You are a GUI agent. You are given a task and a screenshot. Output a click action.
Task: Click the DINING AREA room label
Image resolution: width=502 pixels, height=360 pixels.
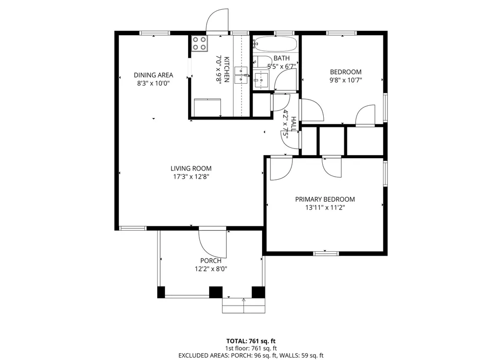click(x=153, y=75)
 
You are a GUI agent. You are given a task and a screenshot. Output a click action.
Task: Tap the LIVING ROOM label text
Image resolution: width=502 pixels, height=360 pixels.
click(x=191, y=168)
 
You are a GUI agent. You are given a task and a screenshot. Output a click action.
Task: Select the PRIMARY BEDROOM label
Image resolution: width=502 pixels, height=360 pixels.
click(x=325, y=199)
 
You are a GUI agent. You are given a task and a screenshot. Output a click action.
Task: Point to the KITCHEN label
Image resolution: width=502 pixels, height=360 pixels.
click(x=227, y=69)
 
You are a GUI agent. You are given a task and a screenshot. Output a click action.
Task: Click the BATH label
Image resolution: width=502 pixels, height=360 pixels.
click(x=282, y=58)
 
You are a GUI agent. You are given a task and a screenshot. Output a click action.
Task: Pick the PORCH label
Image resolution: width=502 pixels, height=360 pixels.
click(x=211, y=261)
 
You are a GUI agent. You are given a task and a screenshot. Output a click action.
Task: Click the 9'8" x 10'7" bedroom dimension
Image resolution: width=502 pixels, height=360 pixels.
click(x=346, y=80)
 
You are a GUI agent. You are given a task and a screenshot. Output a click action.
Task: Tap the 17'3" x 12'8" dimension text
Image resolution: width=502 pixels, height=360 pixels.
click(x=191, y=176)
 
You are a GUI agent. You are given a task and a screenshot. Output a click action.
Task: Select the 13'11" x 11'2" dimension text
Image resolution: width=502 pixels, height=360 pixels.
click(x=325, y=208)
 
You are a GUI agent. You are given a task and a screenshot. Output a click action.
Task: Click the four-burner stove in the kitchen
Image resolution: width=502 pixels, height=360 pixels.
click(x=199, y=43)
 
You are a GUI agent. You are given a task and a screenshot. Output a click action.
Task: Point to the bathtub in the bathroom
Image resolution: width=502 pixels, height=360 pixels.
click(x=275, y=44)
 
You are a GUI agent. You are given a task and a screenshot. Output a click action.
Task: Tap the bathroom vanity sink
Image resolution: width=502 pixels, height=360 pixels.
click(x=261, y=80)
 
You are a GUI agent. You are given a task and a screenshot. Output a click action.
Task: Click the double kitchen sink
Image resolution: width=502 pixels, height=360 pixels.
click(x=241, y=75)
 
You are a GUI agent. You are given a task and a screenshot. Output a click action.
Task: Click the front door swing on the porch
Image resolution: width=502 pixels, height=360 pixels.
click(x=213, y=243)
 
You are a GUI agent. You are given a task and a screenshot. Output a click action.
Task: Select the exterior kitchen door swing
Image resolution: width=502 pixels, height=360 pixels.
click(x=217, y=21)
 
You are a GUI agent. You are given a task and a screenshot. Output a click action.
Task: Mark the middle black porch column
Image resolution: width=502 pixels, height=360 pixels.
click(x=216, y=292)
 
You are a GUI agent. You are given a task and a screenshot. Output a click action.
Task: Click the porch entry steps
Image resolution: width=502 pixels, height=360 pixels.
click(x=243, y=306)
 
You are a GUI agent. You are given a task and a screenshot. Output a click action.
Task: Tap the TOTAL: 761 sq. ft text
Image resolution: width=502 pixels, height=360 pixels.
click(x=251, y=341)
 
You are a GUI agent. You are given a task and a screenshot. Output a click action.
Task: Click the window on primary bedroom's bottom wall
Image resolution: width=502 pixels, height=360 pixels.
click(x=326, y=253)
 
